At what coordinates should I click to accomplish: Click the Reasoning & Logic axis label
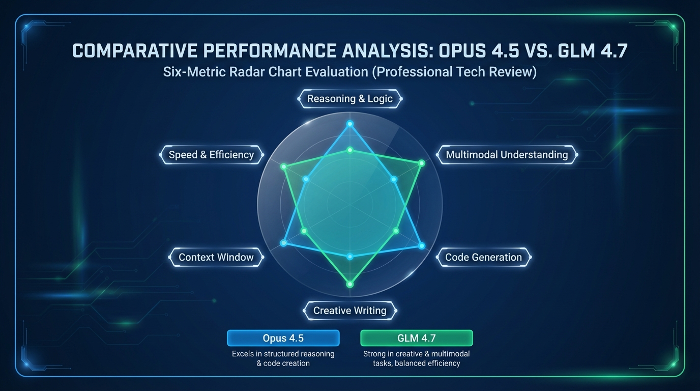(x=349, y=99)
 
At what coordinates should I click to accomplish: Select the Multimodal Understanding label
(x=507, y=155)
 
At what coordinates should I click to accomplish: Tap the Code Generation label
(x=483, y=257)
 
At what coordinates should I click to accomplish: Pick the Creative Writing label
(x=349, y=311)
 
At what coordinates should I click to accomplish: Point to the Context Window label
(x=216, y=257)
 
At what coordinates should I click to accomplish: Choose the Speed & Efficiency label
(x=211, y=155)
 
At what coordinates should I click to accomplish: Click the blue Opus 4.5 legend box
(x=283, y=338)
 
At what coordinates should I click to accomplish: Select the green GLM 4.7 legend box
(x=416, y=338)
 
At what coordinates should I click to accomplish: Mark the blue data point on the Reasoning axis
(x=349, y=124)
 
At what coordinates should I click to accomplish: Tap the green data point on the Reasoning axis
(x=349, y=150)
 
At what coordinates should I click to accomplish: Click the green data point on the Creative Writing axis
(x=349, y=284)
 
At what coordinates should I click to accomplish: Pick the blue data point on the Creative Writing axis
(x=349, y=257)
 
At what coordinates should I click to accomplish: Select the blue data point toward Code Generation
(x=421, y=246)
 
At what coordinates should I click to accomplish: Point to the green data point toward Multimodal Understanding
(x=421, y=163)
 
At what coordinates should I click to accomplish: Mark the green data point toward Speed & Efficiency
(x=284, y=166)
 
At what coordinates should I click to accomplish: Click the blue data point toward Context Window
(x=284, y=243)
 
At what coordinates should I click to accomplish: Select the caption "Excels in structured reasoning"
(x=283, y=354)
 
